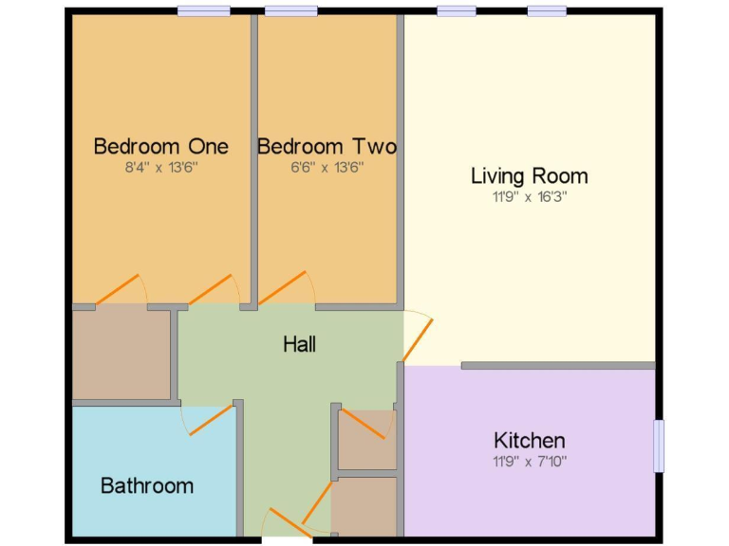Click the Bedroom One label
pyautogui.click(x=160, y=146)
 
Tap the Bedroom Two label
pyautogui.click(x=327, y=146)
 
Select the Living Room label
pyautogui.click(x=529, y=175)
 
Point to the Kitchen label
pyautogui.click(x=529, y=440)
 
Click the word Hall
pyautogui.click(x=299, y=344)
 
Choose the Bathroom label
pyautogui.click(x=147, y=485)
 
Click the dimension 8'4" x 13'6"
pyautogui.click(x=160, y=168)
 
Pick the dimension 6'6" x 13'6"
pyautogui.click(x=327, y=168)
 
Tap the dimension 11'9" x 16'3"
pyautogui.click(x=529, y=197)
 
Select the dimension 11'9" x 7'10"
pyautogui.click(x=529, y=462)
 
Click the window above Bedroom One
pyautogui.click(x=203, y=11)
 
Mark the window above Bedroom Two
pyautogui.click(x=290, y=11)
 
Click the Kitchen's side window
pyautogui.click(x=659, y=446)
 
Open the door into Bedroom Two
pyautogui.click(x=282, y=290)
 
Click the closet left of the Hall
pyautogui.click(x=121, y=355)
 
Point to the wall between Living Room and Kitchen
pyautogui.click(x=558, y=365)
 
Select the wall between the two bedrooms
pyautogui.click(x=254, y=156)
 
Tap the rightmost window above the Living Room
pyautogui.click(x=547, y=11)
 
